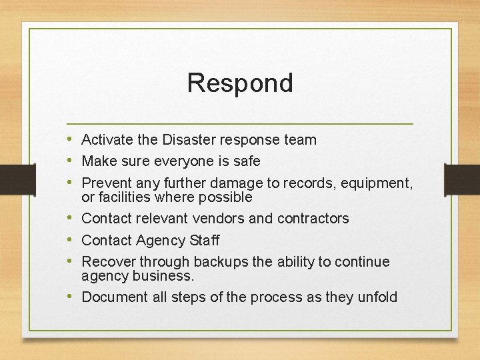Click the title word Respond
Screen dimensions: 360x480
coord(240,83)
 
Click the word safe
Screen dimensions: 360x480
coord(246,161)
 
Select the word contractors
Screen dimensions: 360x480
coord(313,219)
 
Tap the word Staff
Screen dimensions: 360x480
coord(205,240)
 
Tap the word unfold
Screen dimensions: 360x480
coord(377,297)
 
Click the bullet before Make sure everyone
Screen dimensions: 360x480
coord(70,161)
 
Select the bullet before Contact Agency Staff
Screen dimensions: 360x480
coord(70,240)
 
